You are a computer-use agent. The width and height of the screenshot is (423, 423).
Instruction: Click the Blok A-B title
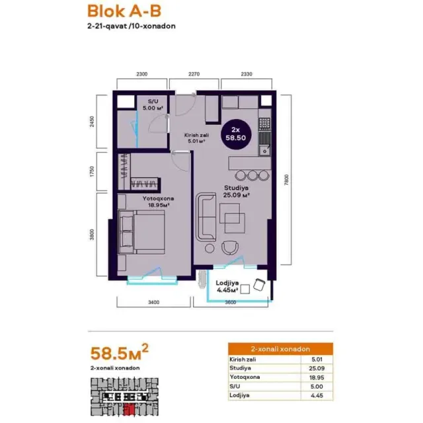[x=124, y=11]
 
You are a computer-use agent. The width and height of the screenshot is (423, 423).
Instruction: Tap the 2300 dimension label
[x=142, y=74]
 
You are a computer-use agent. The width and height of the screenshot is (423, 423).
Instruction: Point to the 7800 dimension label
[x=286, y=180]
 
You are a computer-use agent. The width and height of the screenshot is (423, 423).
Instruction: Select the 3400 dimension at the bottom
[x=153, y=303]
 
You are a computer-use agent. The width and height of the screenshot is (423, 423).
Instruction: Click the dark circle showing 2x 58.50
[x=236, y=134]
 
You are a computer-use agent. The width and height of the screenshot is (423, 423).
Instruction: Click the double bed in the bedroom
[x=142, y=232]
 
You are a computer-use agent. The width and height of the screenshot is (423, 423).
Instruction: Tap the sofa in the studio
[x=206, y=217]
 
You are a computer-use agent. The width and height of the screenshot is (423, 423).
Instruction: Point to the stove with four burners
[x=264, y=124]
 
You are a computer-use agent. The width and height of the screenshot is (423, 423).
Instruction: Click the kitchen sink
[x=265, y=150]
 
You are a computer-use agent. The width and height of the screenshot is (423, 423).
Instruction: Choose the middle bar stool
[x=252, y=175]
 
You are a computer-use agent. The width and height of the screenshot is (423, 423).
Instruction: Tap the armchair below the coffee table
[x=230, y=248]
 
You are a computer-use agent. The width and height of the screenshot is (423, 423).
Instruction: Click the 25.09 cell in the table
[x=317, y=368]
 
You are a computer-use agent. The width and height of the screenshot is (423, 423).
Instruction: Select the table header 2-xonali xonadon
[x=280, y=349]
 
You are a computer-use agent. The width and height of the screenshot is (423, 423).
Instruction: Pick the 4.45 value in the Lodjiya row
[x=317, y=395]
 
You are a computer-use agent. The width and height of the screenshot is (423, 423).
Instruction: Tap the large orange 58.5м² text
[x=120, y=352]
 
